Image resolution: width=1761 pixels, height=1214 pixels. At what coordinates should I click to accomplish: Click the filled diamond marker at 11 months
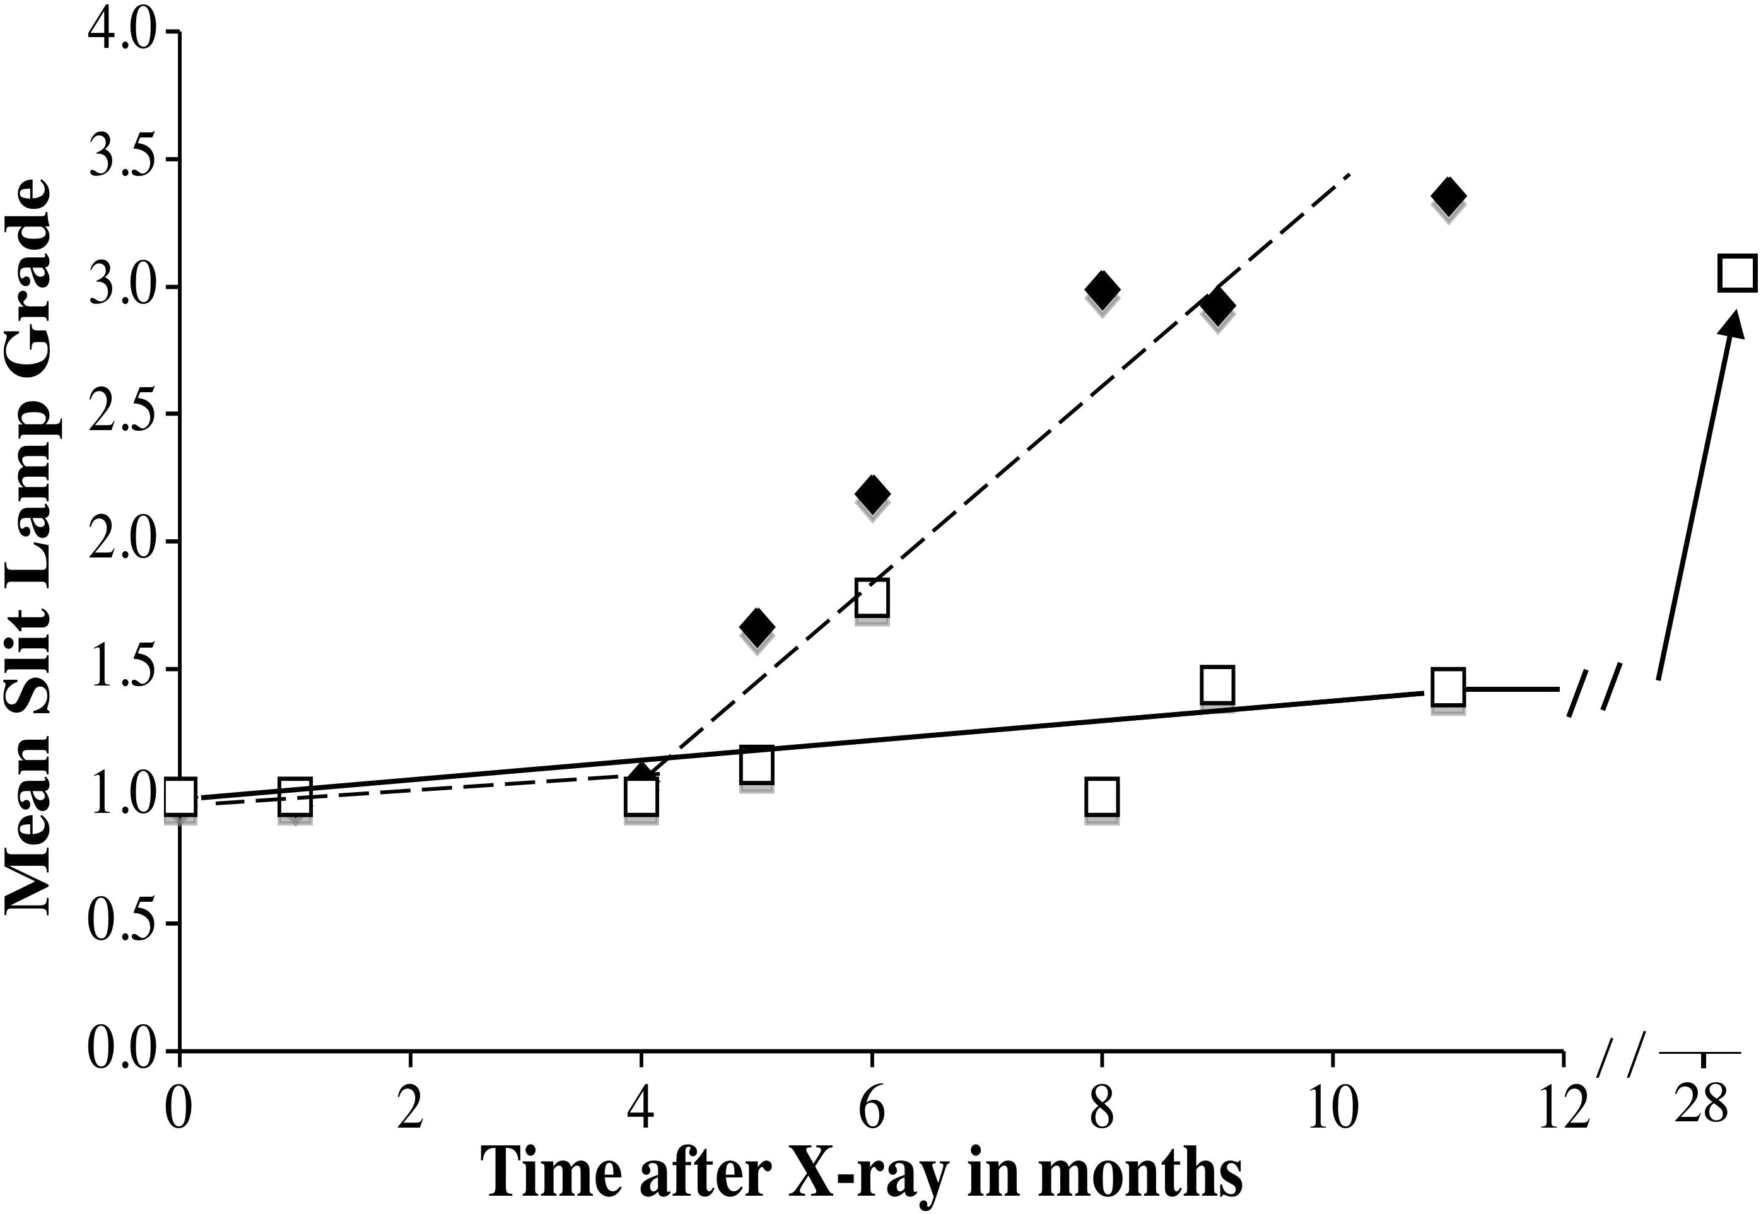1447,196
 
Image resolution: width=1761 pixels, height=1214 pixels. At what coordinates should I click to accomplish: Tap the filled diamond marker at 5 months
756,626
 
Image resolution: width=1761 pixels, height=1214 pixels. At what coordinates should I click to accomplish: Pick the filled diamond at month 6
871,494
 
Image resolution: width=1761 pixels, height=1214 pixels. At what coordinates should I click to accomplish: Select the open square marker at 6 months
872,598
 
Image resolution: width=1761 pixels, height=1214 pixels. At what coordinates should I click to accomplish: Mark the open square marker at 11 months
1448,687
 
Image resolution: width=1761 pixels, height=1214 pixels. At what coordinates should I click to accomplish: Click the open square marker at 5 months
756,765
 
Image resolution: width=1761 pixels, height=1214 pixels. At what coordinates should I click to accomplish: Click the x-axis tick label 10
1332,1111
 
